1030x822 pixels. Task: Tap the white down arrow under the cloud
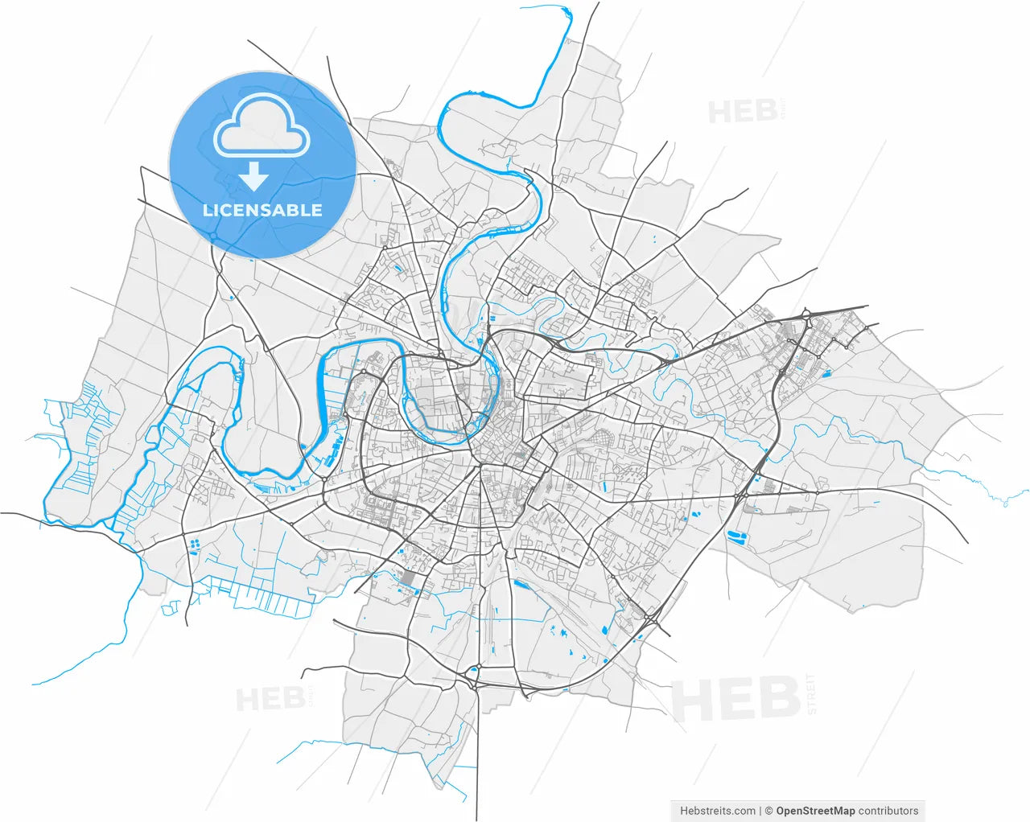click(x=254, y=175)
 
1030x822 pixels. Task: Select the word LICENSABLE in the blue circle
click(x=262, y=211)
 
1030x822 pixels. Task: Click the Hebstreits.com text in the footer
click(x=718, y=811)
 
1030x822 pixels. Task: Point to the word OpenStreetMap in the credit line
click(x=815, y=811)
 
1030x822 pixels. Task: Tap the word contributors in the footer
click(x=888, y=811)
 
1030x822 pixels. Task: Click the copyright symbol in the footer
click(x=769, y=811)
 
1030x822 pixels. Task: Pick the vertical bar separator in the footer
click(x=760, y=811)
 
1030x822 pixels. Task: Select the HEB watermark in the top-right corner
click(x=742, y=112)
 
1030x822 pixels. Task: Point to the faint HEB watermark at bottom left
click(x=270, y=699)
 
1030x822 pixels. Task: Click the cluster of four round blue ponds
click(x=194, y=546)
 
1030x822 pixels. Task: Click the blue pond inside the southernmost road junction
click(x=473, y=669)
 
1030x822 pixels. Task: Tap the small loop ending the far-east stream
click(x=1004, y=502)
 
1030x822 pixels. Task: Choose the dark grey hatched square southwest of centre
click(x=410, y=581)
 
